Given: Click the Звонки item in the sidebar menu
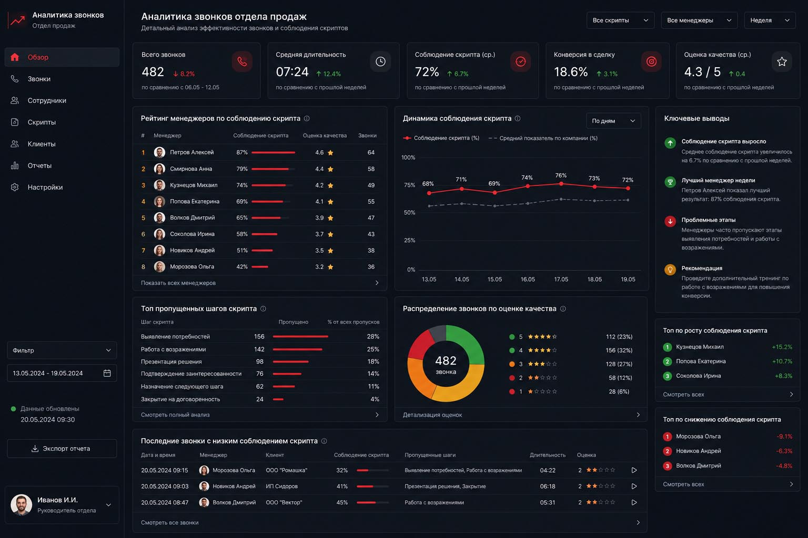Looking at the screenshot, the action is click(39, 79).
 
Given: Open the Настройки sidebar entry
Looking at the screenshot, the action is click(45, 188).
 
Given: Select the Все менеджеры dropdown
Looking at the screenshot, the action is click(699, 20).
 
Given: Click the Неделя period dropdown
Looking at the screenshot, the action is click(770, 20).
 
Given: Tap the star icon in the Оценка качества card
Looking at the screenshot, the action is click(782, 61).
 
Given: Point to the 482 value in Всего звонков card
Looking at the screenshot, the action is click(153, 72).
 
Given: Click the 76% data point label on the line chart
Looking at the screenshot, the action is click(561, 175).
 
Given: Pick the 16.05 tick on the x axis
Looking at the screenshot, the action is click(528, 280).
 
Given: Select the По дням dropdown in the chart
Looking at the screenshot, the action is click(613, 121).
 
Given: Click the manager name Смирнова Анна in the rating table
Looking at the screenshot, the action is click(191, 169).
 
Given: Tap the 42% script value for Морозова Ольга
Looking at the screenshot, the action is click(241, 267).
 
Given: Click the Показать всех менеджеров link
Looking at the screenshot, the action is click(178, 283).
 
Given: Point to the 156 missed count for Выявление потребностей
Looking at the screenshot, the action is click(259, 337).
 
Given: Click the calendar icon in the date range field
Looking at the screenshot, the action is click(107, 373).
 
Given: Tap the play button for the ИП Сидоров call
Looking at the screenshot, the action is click(634, 486).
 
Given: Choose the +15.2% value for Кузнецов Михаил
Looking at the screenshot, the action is click(782, 347).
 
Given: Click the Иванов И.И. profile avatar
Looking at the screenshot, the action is click(21, 504).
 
